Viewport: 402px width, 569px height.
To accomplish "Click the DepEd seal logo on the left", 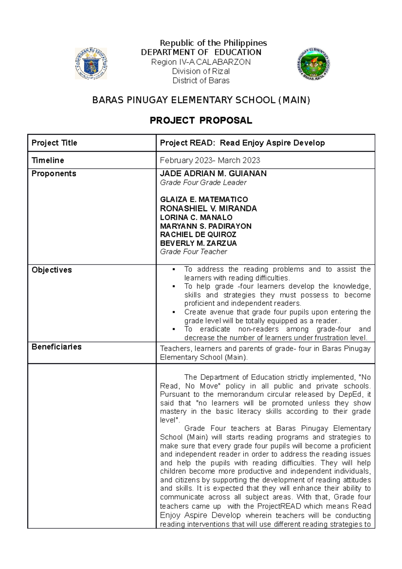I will (x=91, y=64).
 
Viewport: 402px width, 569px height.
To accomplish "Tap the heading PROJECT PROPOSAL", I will (x=201, y=121).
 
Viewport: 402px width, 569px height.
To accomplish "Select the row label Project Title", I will (x=54, y=143).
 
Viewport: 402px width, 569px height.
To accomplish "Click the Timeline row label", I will (x=48, y=160).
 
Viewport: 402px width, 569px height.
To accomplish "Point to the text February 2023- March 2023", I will (x=210, y=160).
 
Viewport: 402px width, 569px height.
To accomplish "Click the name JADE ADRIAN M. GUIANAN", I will (x=213, y=174).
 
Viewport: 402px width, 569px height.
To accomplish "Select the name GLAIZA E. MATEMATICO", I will (x=204, y=199).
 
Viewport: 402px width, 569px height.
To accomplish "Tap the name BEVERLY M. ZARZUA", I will (x=198, y=243).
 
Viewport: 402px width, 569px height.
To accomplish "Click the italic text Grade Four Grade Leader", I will (x=203, y=183).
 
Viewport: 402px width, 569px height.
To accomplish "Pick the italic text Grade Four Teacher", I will (x=194, y=252).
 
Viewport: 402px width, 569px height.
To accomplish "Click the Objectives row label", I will (x=52, y=270).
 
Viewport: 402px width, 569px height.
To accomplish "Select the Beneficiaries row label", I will (x=56, y=347).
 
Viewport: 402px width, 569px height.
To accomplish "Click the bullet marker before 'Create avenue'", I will (x=174, y=312).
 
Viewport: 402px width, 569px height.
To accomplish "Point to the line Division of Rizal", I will (x=201, y=71).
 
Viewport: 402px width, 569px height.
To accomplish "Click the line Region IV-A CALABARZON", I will (x=201, y=62).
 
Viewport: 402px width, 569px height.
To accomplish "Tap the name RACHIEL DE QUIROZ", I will (x=198, y=234).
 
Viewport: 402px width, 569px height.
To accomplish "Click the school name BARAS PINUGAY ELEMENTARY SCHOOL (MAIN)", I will (x=201, y=100).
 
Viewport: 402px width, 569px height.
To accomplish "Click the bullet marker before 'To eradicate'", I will (x=174, y=329).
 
